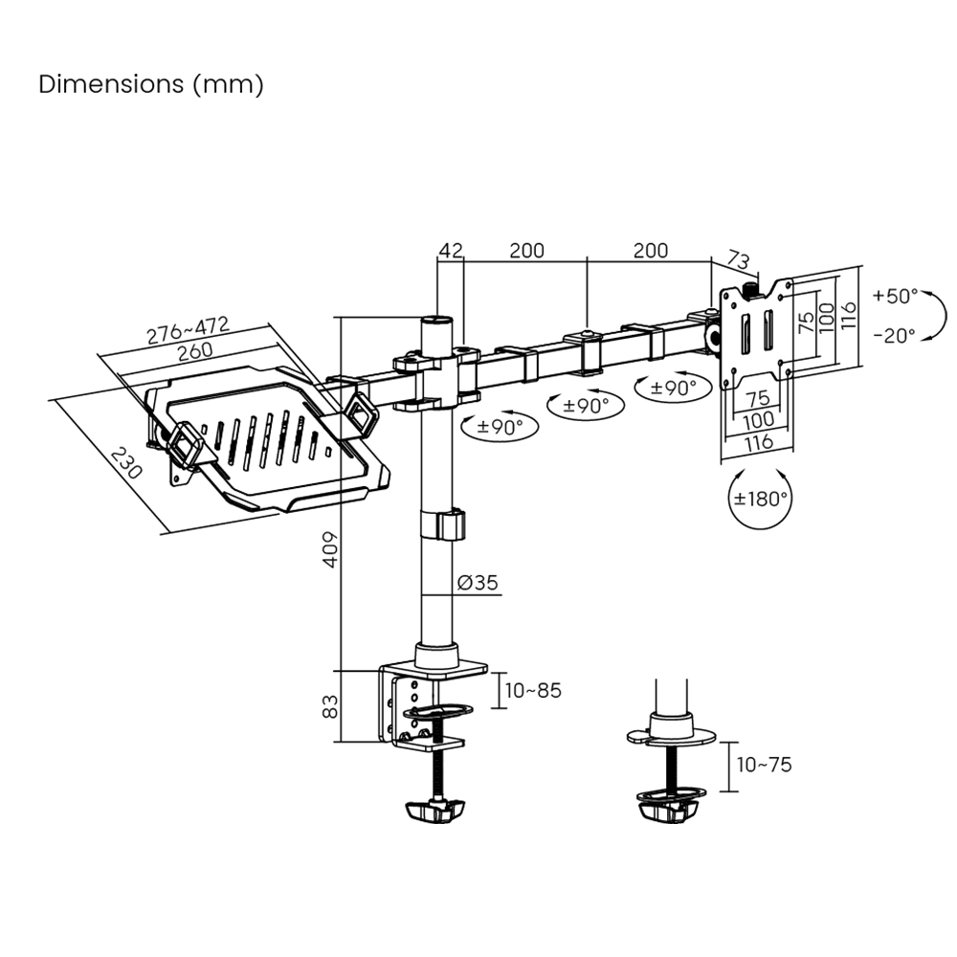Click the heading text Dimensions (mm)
click(x=150, y=84)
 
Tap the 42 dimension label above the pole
click(x=450, y=251)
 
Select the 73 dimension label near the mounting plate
click(x=738, y=259)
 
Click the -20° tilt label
click(x=895, y=335)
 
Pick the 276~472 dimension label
click(x=188, y=330)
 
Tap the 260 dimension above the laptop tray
click(x=194, y=351)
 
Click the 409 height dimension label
click(x=329, y=550)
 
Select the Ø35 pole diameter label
click(x=478, y=583)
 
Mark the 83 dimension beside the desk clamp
click(x=329, y=706)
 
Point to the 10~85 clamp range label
click(x=534, y=690)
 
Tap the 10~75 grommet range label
click(x=764, y=765)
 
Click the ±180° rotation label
click(x=761, y=499)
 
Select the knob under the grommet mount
click(x=666, y=811)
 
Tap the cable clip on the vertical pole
click(x=442, y=526)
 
